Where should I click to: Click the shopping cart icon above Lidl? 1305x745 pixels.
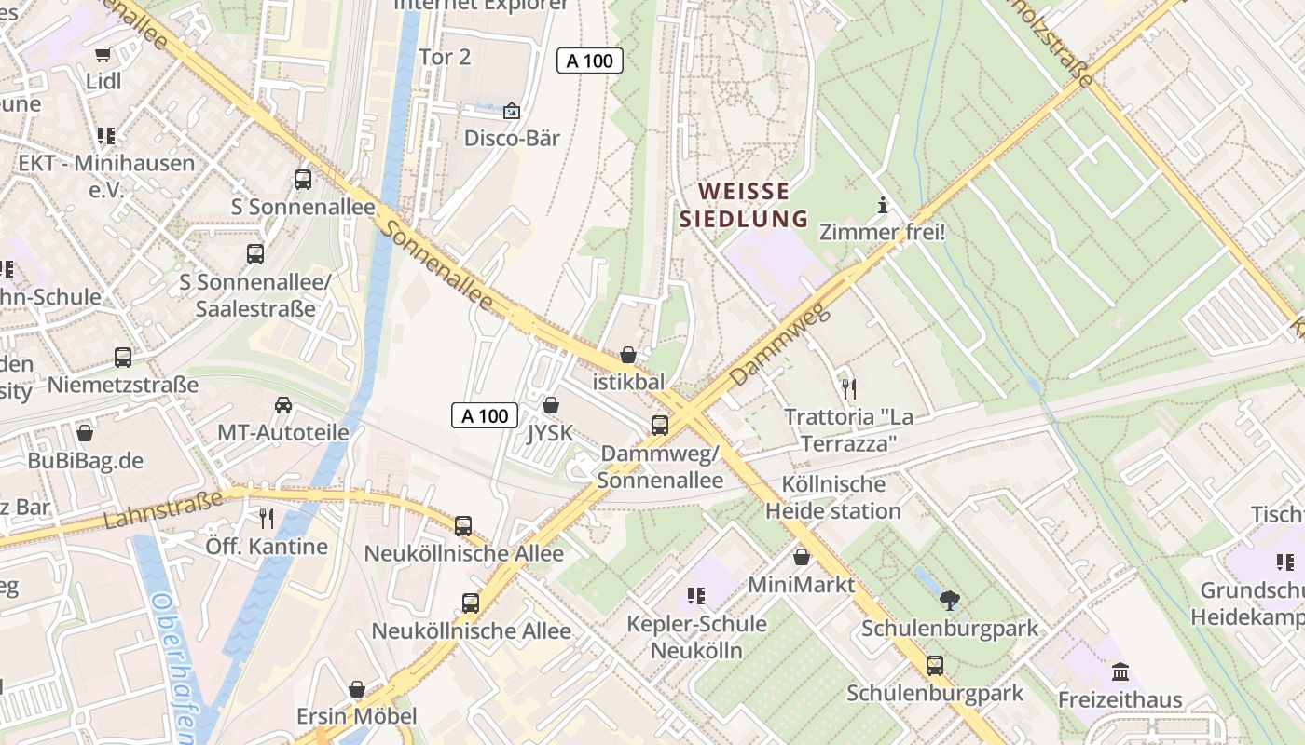(103, 54)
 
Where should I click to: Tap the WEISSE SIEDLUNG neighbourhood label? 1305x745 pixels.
(744, 205)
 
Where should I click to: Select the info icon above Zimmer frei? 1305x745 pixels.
(882, 205)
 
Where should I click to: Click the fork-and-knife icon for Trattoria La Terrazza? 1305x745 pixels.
(848, 388)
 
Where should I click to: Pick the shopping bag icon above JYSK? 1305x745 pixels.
(551, 406)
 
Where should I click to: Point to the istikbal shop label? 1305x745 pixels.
(629, 382)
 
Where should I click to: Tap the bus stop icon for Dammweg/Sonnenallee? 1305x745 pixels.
(660, 426)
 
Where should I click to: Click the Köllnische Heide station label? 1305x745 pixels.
(833, 497)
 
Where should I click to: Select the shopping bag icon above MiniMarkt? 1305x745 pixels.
(802, 557)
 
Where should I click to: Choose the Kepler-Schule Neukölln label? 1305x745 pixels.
(696, 637)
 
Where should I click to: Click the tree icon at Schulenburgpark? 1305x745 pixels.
(949, 601)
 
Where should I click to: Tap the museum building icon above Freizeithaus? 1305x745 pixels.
(1120, 671)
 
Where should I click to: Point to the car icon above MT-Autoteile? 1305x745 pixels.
(283, 405)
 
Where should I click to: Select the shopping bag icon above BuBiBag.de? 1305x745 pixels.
(85, 433)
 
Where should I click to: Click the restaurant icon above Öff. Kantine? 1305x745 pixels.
(268, 519)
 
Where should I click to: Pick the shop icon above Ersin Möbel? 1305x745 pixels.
(356, 689)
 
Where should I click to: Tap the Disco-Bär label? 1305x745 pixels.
(512, 138)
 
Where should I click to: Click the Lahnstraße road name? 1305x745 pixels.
(163, 510)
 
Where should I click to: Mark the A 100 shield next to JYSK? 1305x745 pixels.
(485, 415)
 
